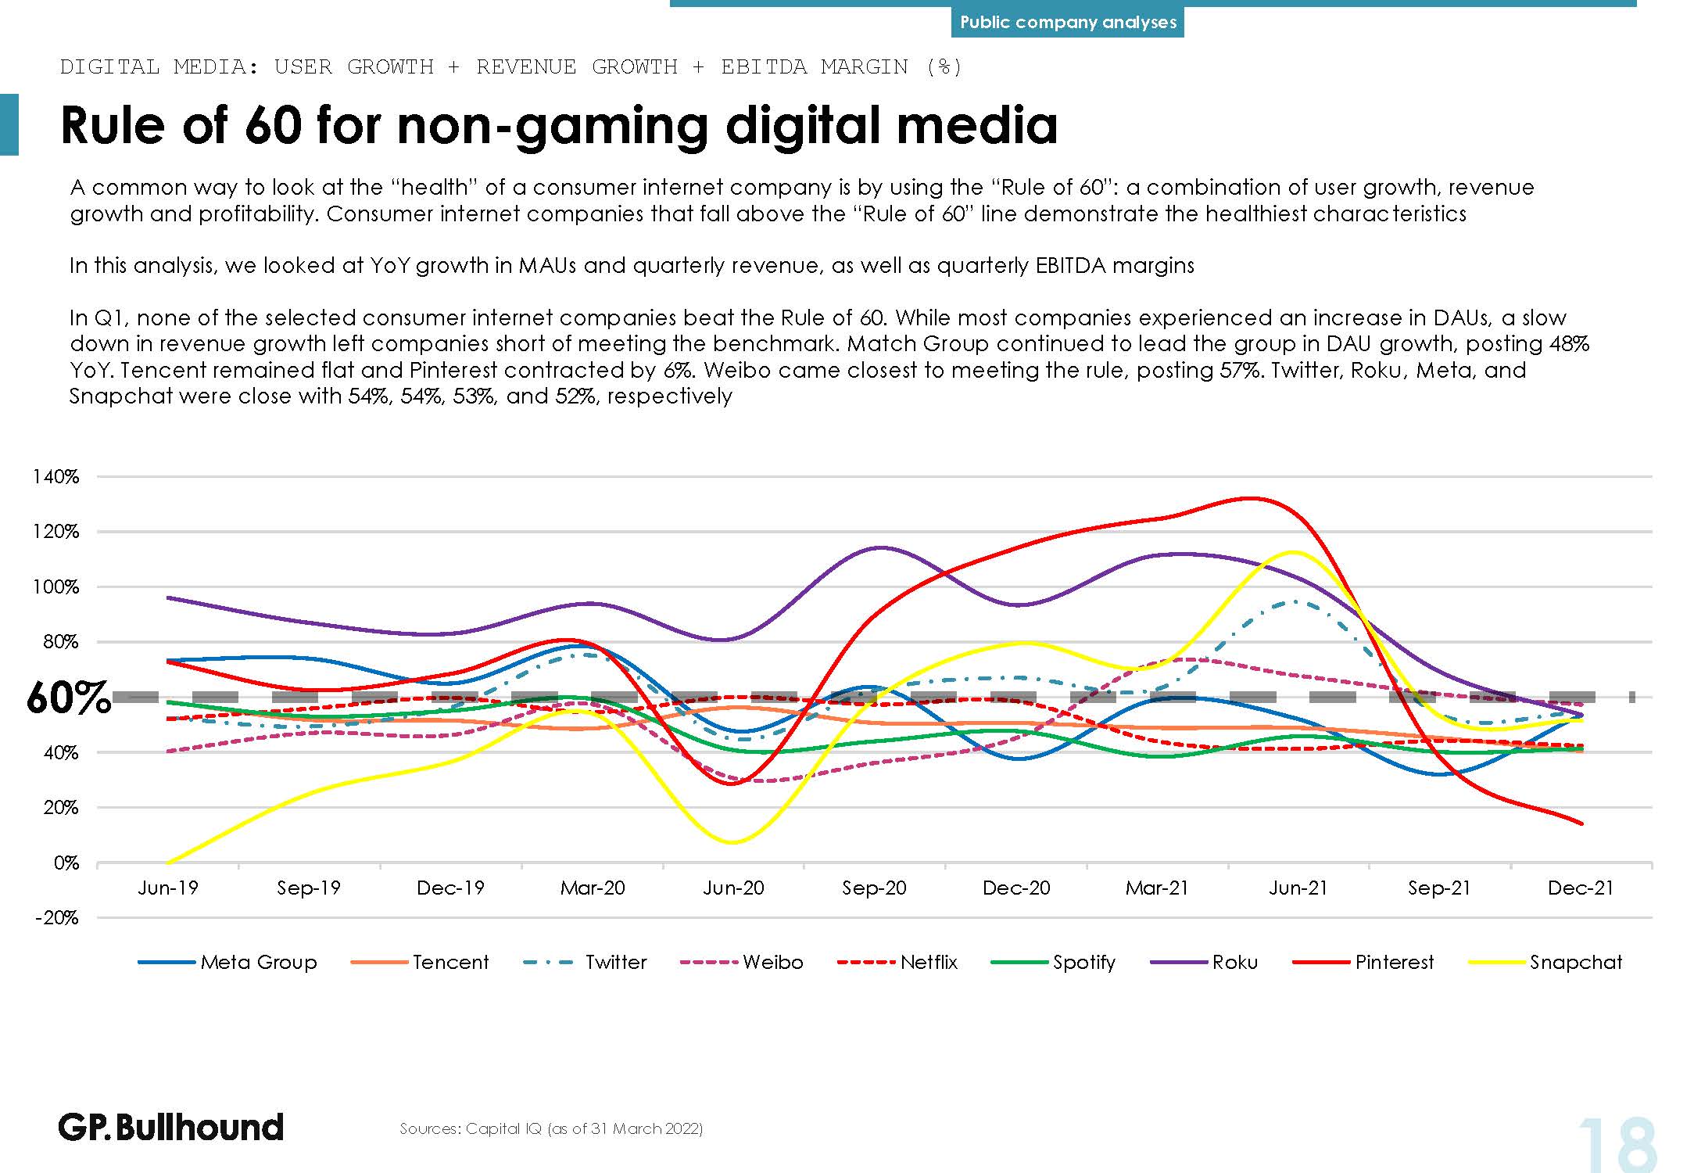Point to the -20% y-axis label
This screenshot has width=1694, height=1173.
coord(56,917)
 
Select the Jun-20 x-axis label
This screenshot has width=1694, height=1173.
coord(733,888)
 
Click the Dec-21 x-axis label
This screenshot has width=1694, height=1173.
coord(1581,888)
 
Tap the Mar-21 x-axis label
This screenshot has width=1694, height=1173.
coord(1157,888)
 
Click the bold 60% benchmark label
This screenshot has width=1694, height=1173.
coord(68,698)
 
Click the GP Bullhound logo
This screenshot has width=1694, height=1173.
coord(170,1127)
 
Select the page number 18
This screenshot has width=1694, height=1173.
coord(1617,1145)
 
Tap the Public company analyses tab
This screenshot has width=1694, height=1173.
coord(1068,23)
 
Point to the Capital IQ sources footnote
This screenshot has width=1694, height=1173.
coord(551,1128)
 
